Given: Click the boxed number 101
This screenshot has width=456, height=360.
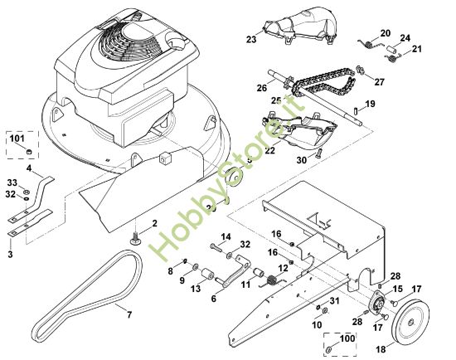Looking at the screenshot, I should (x=16, y=139).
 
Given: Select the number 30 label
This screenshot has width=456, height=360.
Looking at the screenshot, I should (x=303, y=158).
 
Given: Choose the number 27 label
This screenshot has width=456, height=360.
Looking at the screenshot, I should (x=380, y=82).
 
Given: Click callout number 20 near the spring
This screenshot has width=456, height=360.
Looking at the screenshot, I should (x=386, y=33).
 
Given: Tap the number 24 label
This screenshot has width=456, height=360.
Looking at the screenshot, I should (x=405, y=38).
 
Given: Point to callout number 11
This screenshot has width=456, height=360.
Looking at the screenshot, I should (x=246, y=285).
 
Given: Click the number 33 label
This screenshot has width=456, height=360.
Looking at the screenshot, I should (x=12, y=182).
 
